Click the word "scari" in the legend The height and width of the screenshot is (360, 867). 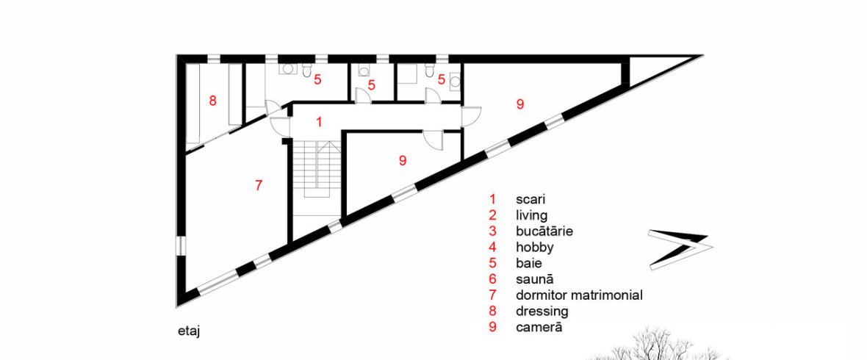pyautogui.click(x=530, y=198)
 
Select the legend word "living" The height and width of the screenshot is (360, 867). pyautogui.click(x=531, y=215)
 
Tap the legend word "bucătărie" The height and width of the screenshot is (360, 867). pyautogui.click(x=544, y=231)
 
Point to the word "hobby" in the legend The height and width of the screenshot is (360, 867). pyautogui.click(x=535, y=247)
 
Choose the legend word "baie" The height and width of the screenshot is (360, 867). pyautogui.click(x=528, y=263)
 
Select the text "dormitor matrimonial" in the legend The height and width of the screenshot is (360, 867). pyautogui.click(x=580, y=295)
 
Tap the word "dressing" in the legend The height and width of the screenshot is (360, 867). pyautogui.click(x=542, y=312)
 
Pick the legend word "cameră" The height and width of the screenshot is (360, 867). pyautogui.click(x=539, y=327)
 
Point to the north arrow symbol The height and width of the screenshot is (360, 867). pyautogui.click(x=678, y=249)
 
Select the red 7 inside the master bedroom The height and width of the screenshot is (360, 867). pyautogui.click(x=258, y=186)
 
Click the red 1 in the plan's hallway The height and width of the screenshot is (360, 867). pyautogui.click(x=319, y=122)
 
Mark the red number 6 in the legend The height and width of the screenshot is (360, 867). pyautogui.click(x=492, y=278)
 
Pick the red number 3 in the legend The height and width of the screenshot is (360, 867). pyautogui.click(x=492, y=231)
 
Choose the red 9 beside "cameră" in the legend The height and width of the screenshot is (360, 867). pyautogui.click(x=492, y=327)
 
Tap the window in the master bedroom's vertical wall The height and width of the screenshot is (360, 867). pyautogui.click(x=180, y=246)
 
